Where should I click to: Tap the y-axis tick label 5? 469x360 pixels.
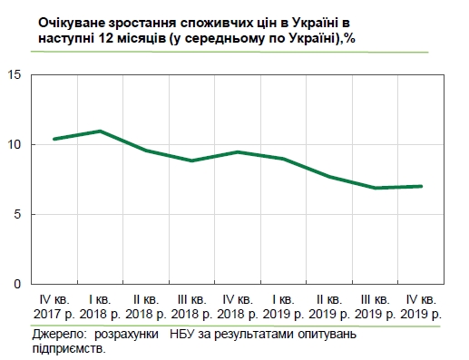point(17,215)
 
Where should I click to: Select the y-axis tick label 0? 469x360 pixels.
point(17,285)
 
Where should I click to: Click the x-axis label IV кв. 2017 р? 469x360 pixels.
point(54,306)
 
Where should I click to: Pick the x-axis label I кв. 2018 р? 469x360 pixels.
point(100,306)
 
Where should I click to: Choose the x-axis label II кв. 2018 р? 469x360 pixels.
point(146,306)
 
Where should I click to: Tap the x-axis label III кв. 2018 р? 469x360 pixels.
point(192,306)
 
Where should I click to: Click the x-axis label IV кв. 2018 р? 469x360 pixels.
point(238,306)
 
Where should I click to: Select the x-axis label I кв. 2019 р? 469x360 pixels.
point(284,306)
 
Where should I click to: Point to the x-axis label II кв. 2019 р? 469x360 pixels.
point(329,306)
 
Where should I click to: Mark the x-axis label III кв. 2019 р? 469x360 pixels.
point(376,306)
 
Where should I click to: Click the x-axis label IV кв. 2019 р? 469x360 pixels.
point(422,306)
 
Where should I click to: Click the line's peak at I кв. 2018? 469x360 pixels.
point(100,131)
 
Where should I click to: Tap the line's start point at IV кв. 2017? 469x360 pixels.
point(54,139)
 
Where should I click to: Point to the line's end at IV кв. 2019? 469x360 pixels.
point(422,187)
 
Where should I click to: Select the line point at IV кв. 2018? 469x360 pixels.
point(238,151)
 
